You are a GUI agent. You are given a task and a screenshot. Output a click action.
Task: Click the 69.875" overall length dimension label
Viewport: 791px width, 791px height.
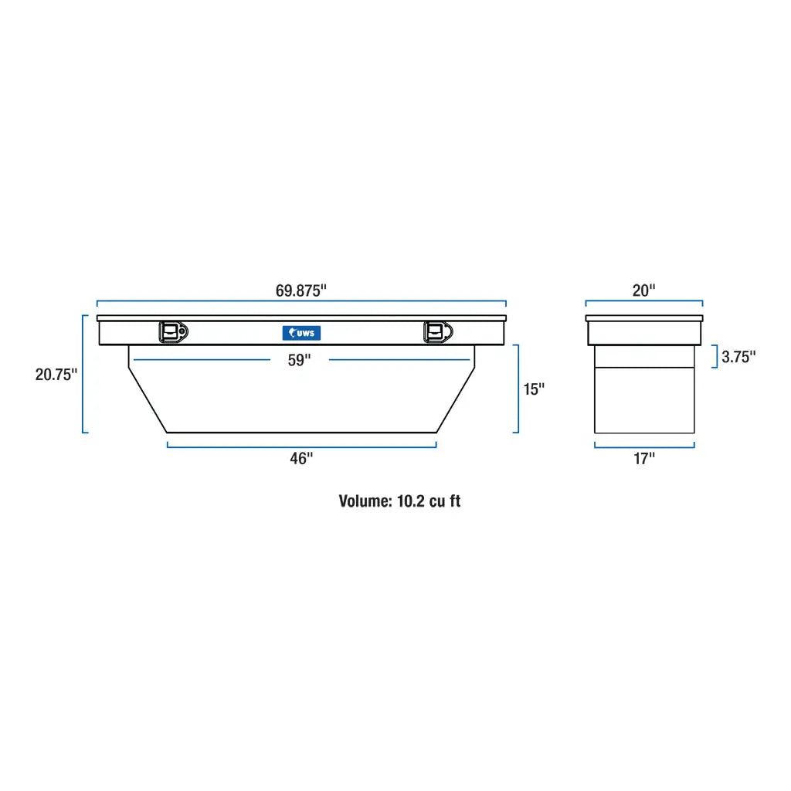[301, 290]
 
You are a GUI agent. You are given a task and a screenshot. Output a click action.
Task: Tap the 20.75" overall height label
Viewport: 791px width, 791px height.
[56, 375]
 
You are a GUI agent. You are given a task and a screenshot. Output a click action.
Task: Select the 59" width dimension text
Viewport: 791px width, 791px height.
[300, 360]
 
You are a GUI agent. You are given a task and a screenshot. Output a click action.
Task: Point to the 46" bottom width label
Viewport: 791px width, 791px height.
[301, 458]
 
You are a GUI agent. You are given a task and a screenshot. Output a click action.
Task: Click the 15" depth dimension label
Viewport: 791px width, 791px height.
[534, 389]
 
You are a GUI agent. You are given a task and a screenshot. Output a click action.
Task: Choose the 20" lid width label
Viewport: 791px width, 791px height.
[643, 290]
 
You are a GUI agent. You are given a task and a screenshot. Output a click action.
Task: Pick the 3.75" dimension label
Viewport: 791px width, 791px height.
[738, 357]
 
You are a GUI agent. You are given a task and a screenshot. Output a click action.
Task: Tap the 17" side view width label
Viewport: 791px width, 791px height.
[643, 458]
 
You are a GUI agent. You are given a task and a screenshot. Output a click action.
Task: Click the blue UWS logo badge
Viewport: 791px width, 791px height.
[301, 333]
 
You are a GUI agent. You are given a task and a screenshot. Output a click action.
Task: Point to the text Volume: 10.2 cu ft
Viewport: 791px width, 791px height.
[399, 501]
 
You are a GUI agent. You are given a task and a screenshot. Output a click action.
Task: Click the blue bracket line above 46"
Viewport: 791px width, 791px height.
[301, 446]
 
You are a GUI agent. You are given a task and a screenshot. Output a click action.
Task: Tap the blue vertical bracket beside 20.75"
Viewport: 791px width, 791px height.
[83, 374]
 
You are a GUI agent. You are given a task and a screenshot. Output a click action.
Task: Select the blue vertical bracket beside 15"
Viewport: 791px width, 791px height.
[517, 389]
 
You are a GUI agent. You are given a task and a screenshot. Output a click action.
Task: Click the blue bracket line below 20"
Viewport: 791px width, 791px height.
[643, 302]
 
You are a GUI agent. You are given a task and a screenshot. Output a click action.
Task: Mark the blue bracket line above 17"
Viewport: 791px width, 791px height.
[643, 446]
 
